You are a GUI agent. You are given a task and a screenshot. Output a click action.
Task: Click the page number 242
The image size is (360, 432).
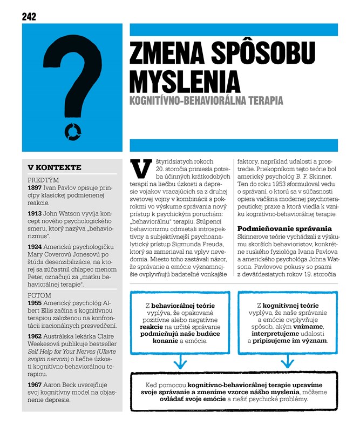click(x=29, y=16)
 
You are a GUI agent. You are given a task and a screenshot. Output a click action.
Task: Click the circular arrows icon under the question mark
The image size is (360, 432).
click(x=72, y=130)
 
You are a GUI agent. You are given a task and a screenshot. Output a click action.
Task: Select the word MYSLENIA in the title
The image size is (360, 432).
click(x=185, y=80)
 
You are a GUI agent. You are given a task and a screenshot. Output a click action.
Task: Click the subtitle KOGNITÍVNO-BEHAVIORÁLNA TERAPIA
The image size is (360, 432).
click(x=206, y=100)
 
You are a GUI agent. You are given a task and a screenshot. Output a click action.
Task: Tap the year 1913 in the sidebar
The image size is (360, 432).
click(x=35, y=214)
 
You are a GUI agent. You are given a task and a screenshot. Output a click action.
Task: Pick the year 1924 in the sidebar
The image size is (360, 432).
click(x=35, y=247)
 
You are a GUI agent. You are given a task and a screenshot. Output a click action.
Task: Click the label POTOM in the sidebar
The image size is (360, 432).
click(x=39, y=296)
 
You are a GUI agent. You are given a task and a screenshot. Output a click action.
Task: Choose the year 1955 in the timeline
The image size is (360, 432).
click(x=35, y=304)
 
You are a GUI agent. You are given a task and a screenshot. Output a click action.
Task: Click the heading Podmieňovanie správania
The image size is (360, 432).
click(x=284, y=228)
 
